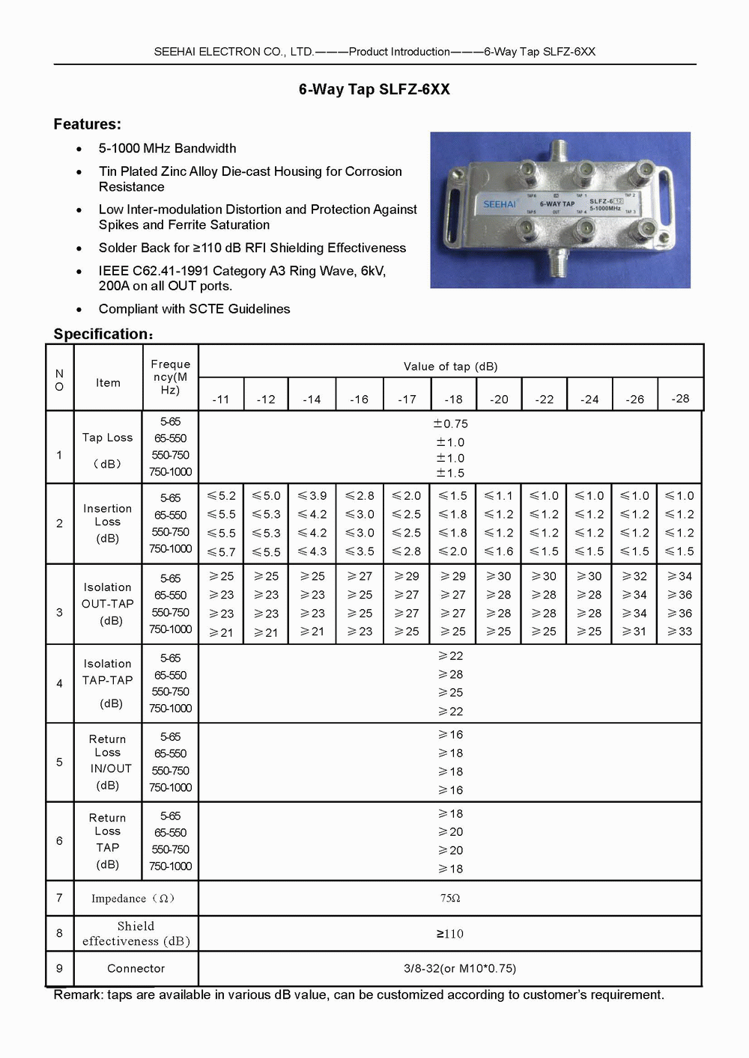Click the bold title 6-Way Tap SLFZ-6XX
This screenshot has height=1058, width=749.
(374, 89)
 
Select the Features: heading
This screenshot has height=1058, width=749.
(87, 124)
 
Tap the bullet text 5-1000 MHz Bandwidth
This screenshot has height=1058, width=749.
(167, 148)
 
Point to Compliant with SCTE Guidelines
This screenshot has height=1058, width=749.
(194, 309)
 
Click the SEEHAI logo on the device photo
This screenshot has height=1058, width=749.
(499, 204)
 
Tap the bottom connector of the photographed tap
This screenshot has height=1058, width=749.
(557, 263)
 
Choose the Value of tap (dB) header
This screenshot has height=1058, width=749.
(450, 366)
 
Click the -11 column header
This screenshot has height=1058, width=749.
(220, 399)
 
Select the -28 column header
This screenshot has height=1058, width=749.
(680, 398)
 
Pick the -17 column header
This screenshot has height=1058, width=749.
(407, 399)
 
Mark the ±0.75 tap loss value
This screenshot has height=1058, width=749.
(450, 423)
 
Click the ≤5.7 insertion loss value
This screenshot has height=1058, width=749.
(221, 552)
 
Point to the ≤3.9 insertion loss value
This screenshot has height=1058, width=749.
(312, 495)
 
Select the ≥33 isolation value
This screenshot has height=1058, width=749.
(679, 632)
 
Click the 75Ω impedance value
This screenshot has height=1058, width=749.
(450, 898)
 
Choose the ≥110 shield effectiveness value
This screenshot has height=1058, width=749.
(450, 934)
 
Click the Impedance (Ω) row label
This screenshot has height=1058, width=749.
(133, 898)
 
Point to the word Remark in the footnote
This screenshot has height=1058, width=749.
(78, 994)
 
